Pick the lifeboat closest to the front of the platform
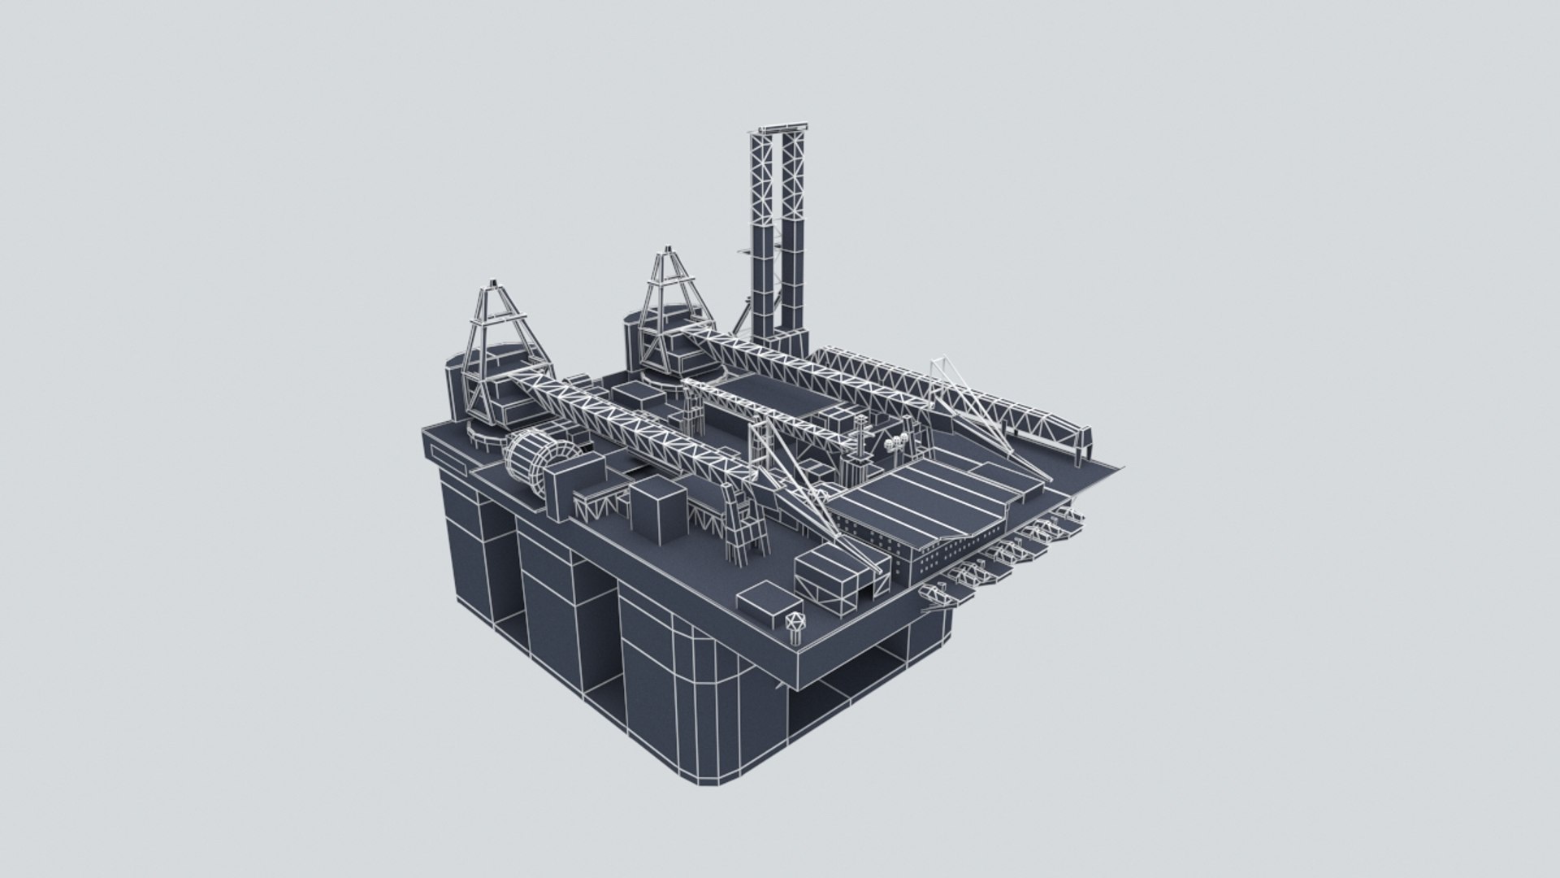pos(936,597)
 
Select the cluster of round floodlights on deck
pos(898,442)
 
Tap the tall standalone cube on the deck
pos(659,510)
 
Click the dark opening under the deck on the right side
pos(845,691)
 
